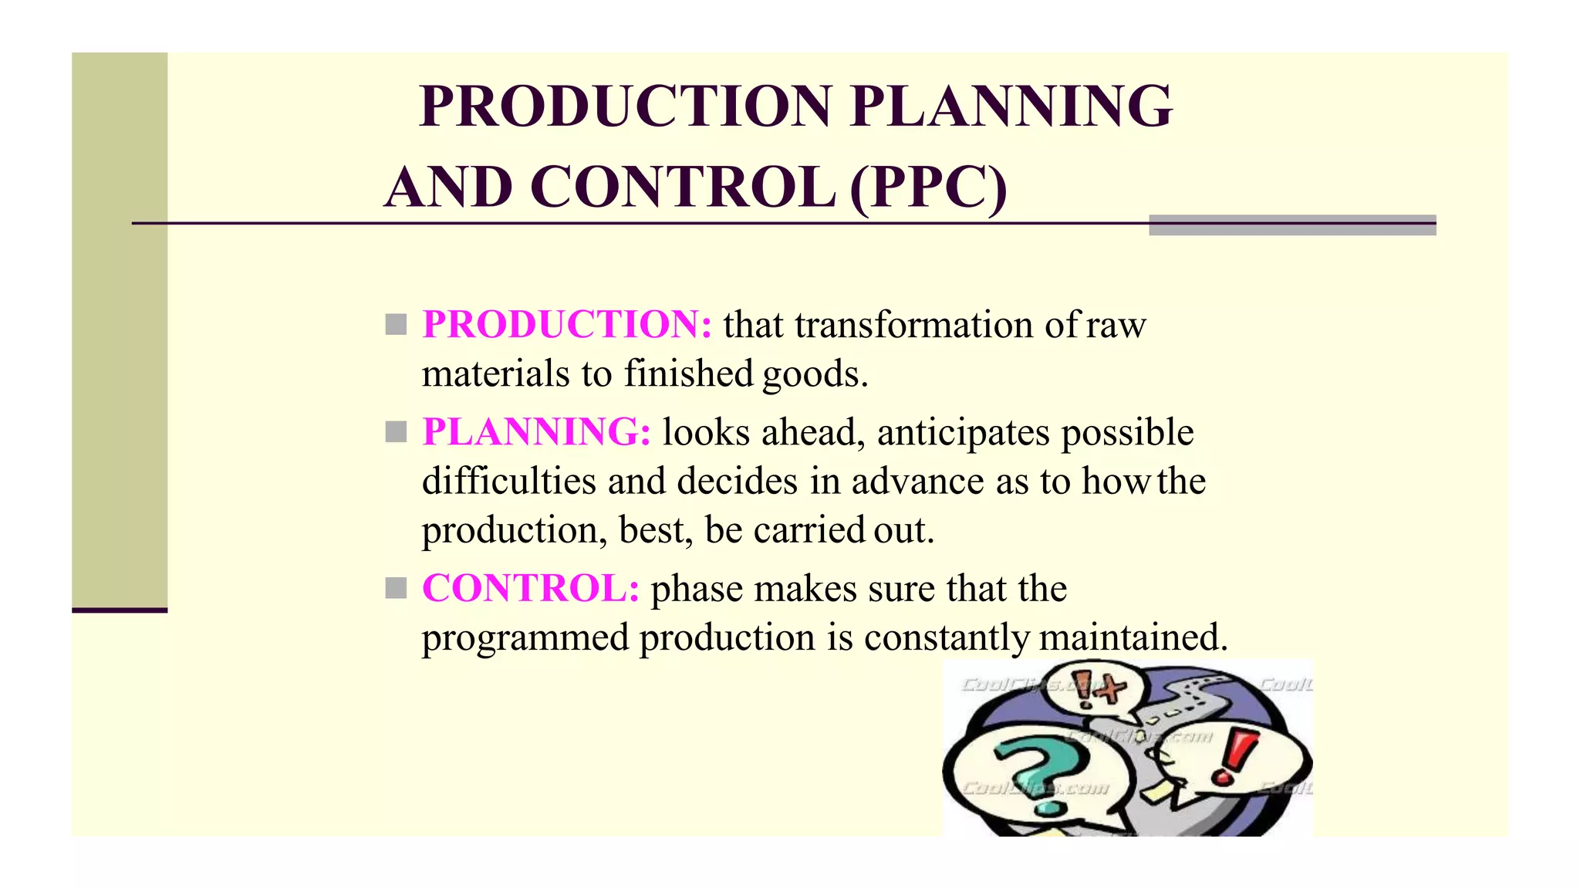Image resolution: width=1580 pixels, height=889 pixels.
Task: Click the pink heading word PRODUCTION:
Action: [x=567, y=324]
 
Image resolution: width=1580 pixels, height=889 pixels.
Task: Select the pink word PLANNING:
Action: [x=537, y=431]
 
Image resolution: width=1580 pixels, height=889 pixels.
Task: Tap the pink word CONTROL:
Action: [x=531, y=588]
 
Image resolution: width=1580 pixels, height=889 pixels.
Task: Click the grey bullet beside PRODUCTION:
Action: [x=396, y=324]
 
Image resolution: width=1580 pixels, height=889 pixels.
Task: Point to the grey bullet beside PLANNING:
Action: [x=396, y=431]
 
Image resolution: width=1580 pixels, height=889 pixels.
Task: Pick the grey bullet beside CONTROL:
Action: [x=396, y=589]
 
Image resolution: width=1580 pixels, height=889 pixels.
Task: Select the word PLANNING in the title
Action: [x=1011, y=106]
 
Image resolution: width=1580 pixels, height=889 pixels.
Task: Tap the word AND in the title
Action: [x=448, y=188]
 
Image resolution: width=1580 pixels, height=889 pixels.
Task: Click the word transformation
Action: [x=914, y=325]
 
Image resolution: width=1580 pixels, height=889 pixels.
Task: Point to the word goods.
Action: [x=815, y=374]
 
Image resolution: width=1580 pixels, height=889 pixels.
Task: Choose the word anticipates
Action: [x=964, y=432]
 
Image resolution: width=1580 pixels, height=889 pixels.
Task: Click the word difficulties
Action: [x=509, y=481]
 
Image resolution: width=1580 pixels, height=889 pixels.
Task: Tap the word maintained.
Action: [x=1133, y=637]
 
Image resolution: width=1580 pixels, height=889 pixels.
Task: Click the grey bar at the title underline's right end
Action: [x=1292, y=225]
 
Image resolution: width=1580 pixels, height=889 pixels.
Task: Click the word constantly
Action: [x=946, y=637]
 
